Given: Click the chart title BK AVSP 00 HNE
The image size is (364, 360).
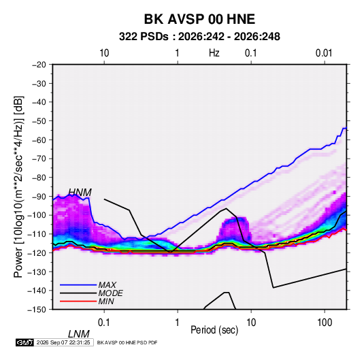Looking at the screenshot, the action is [x=199, y=19].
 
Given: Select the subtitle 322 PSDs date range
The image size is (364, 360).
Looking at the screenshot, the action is [x=199, y=37].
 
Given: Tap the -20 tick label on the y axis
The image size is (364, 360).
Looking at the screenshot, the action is [x=39, y=65].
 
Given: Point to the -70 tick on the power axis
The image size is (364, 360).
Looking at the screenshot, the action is [x=39, y=159].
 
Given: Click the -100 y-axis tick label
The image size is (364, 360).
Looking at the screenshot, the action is [x=37, y=215].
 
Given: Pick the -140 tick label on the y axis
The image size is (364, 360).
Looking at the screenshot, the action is [x=37, y=291].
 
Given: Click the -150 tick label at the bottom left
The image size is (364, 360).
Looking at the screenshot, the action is [x=37, y=310].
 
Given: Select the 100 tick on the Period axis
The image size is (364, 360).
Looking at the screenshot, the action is [x=325, y=323].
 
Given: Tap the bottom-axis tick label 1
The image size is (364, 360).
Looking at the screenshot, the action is [x=178, y=323].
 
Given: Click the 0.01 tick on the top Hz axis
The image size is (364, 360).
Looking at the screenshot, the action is [x=324, y=53].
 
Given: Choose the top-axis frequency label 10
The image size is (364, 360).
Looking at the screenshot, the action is [x=104, y=53].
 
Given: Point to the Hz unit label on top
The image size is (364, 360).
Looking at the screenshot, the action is [x=214, y=53].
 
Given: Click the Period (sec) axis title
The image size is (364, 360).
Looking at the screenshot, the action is [x=214, y=330].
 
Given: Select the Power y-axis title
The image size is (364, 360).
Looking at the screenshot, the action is [x=18, y=186].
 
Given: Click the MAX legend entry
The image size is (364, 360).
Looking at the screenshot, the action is [x=107, y=285].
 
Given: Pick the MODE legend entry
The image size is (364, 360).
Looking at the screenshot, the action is [x=110, y=293].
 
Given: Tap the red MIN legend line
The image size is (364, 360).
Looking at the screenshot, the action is [x=78, y=301].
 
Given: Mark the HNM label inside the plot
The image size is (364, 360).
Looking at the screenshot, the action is [x=80, y=193].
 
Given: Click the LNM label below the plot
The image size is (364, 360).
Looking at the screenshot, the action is [x=79, y=334].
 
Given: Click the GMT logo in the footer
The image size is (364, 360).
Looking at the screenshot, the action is [x=25, y=342].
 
